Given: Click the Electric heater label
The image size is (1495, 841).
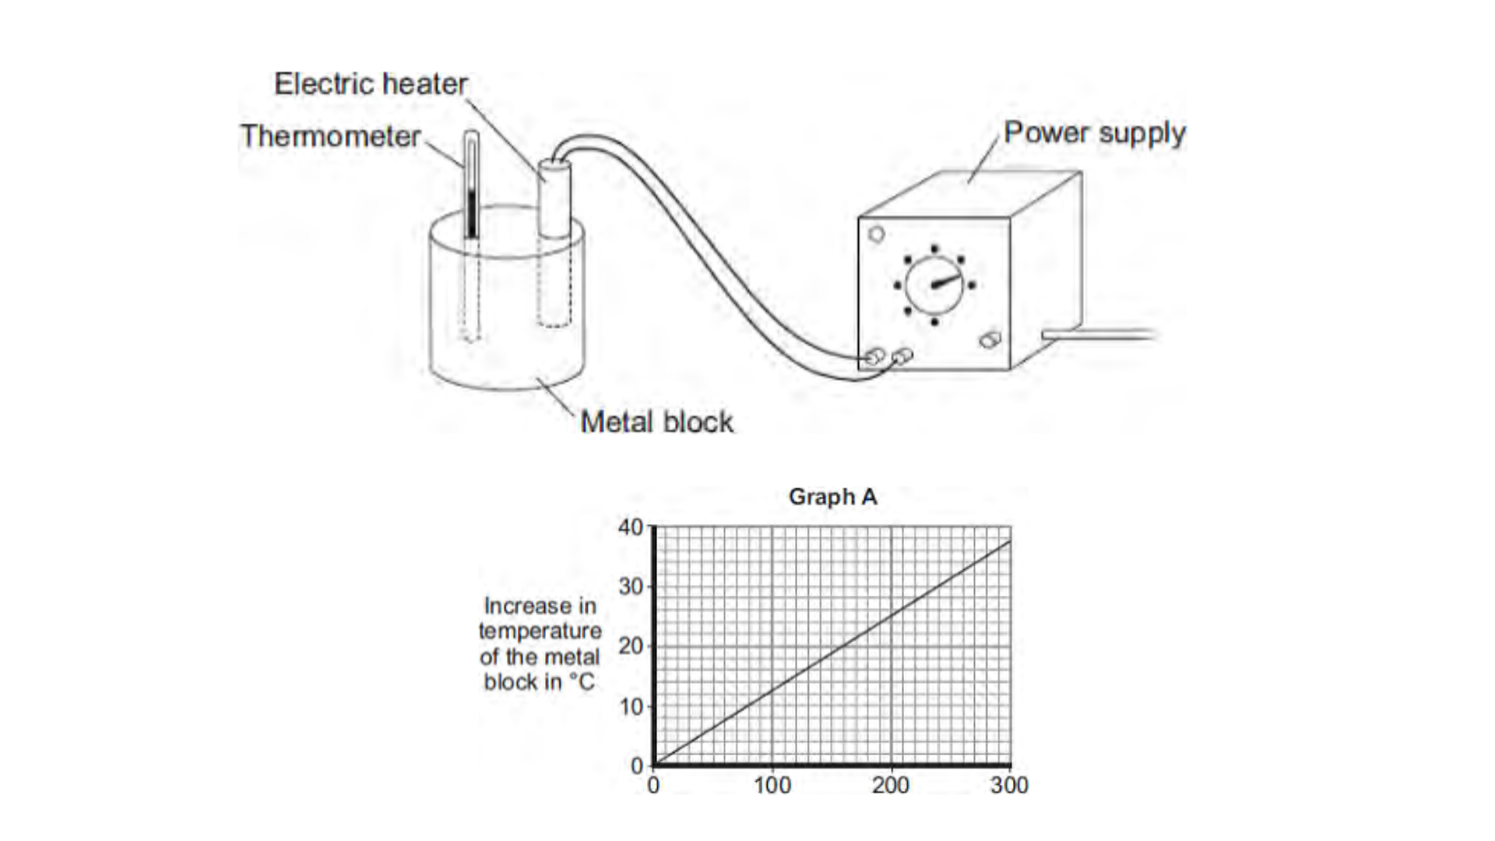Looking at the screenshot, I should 371,84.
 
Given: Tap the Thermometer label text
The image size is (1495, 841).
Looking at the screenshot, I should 330,136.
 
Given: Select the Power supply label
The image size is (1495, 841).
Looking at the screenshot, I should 1094,133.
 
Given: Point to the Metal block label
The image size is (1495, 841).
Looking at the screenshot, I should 656,422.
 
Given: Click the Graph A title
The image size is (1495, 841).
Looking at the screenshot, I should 832,497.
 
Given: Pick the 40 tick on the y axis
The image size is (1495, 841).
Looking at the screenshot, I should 631,527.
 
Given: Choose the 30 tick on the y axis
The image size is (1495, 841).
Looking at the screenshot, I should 631,586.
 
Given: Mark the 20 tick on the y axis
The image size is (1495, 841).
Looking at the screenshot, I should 631,646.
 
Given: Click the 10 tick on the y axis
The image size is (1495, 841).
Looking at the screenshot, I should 631,706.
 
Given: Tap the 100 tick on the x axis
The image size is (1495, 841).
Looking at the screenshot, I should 772,785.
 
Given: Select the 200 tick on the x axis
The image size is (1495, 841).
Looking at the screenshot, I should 891,785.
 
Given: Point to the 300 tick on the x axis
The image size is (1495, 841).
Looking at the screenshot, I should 1009,785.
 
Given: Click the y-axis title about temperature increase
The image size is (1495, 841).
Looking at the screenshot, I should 540,643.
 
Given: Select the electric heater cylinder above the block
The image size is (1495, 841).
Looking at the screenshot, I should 554,199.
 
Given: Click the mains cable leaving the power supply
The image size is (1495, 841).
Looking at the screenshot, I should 1106,335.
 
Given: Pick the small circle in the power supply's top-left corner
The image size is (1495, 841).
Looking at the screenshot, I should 876,234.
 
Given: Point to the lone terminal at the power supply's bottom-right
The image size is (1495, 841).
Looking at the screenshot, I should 990,340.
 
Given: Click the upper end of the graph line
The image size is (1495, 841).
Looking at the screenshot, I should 1009,542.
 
